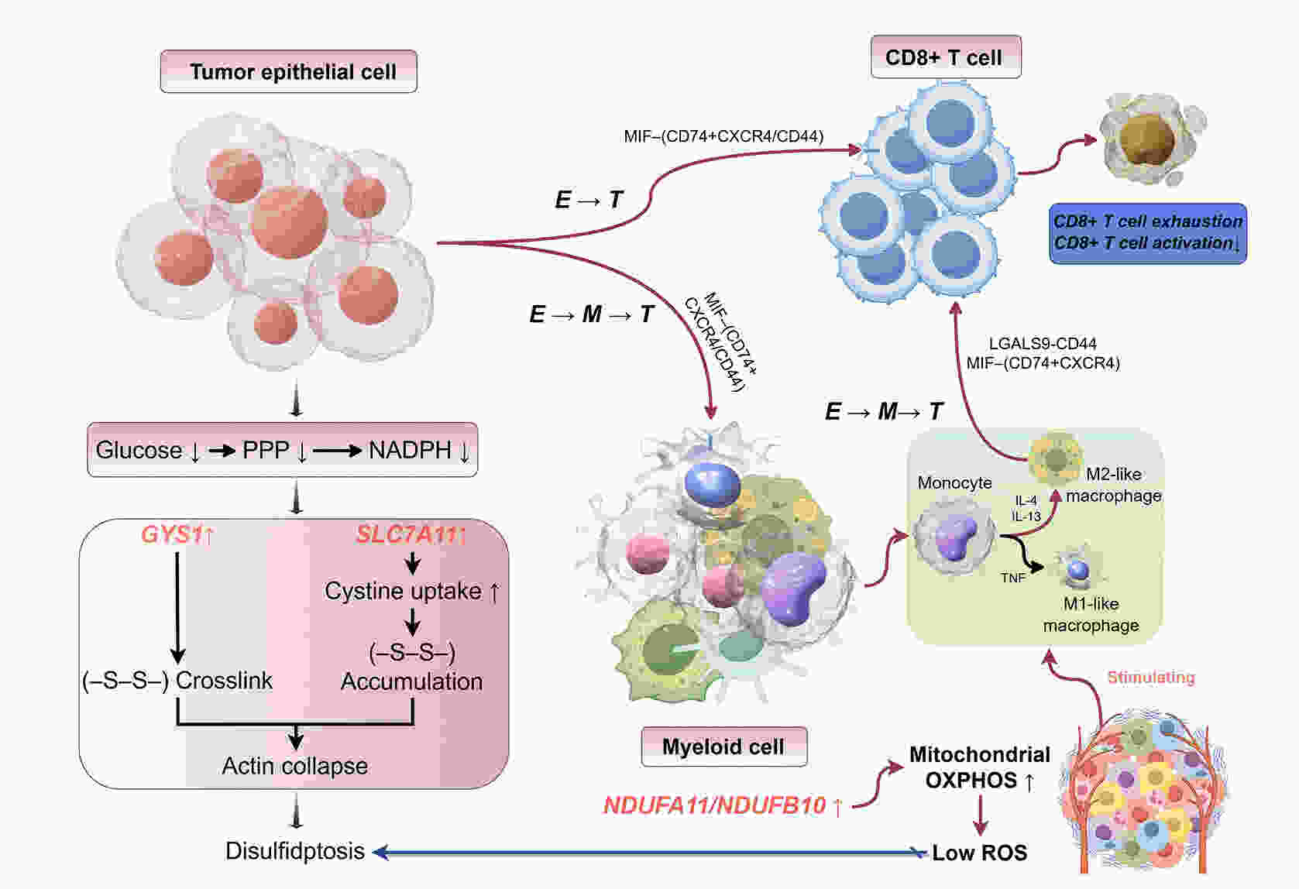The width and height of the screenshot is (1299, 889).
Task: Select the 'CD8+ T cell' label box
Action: [945, 57]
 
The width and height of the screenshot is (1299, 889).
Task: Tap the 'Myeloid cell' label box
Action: [723, 747]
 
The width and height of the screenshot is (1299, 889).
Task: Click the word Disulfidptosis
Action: [294, 851]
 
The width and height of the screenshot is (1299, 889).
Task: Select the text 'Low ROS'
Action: [979, 853]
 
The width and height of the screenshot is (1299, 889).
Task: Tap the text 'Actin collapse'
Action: [294, 766]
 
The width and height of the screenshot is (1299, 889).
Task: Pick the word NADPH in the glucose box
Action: [410, 450]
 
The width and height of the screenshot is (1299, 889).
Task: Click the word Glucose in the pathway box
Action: [139, 450]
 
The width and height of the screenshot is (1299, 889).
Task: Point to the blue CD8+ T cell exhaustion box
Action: [1147, 232]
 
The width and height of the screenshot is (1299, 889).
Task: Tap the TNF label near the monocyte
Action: [1012, 578]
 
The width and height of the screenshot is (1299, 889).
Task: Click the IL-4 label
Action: [1026, 501]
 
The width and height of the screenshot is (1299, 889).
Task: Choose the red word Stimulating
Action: [1150, 678]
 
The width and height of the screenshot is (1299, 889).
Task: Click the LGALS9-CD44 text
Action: [1043, 343]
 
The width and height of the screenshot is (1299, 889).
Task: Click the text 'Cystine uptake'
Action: [403, 592]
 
